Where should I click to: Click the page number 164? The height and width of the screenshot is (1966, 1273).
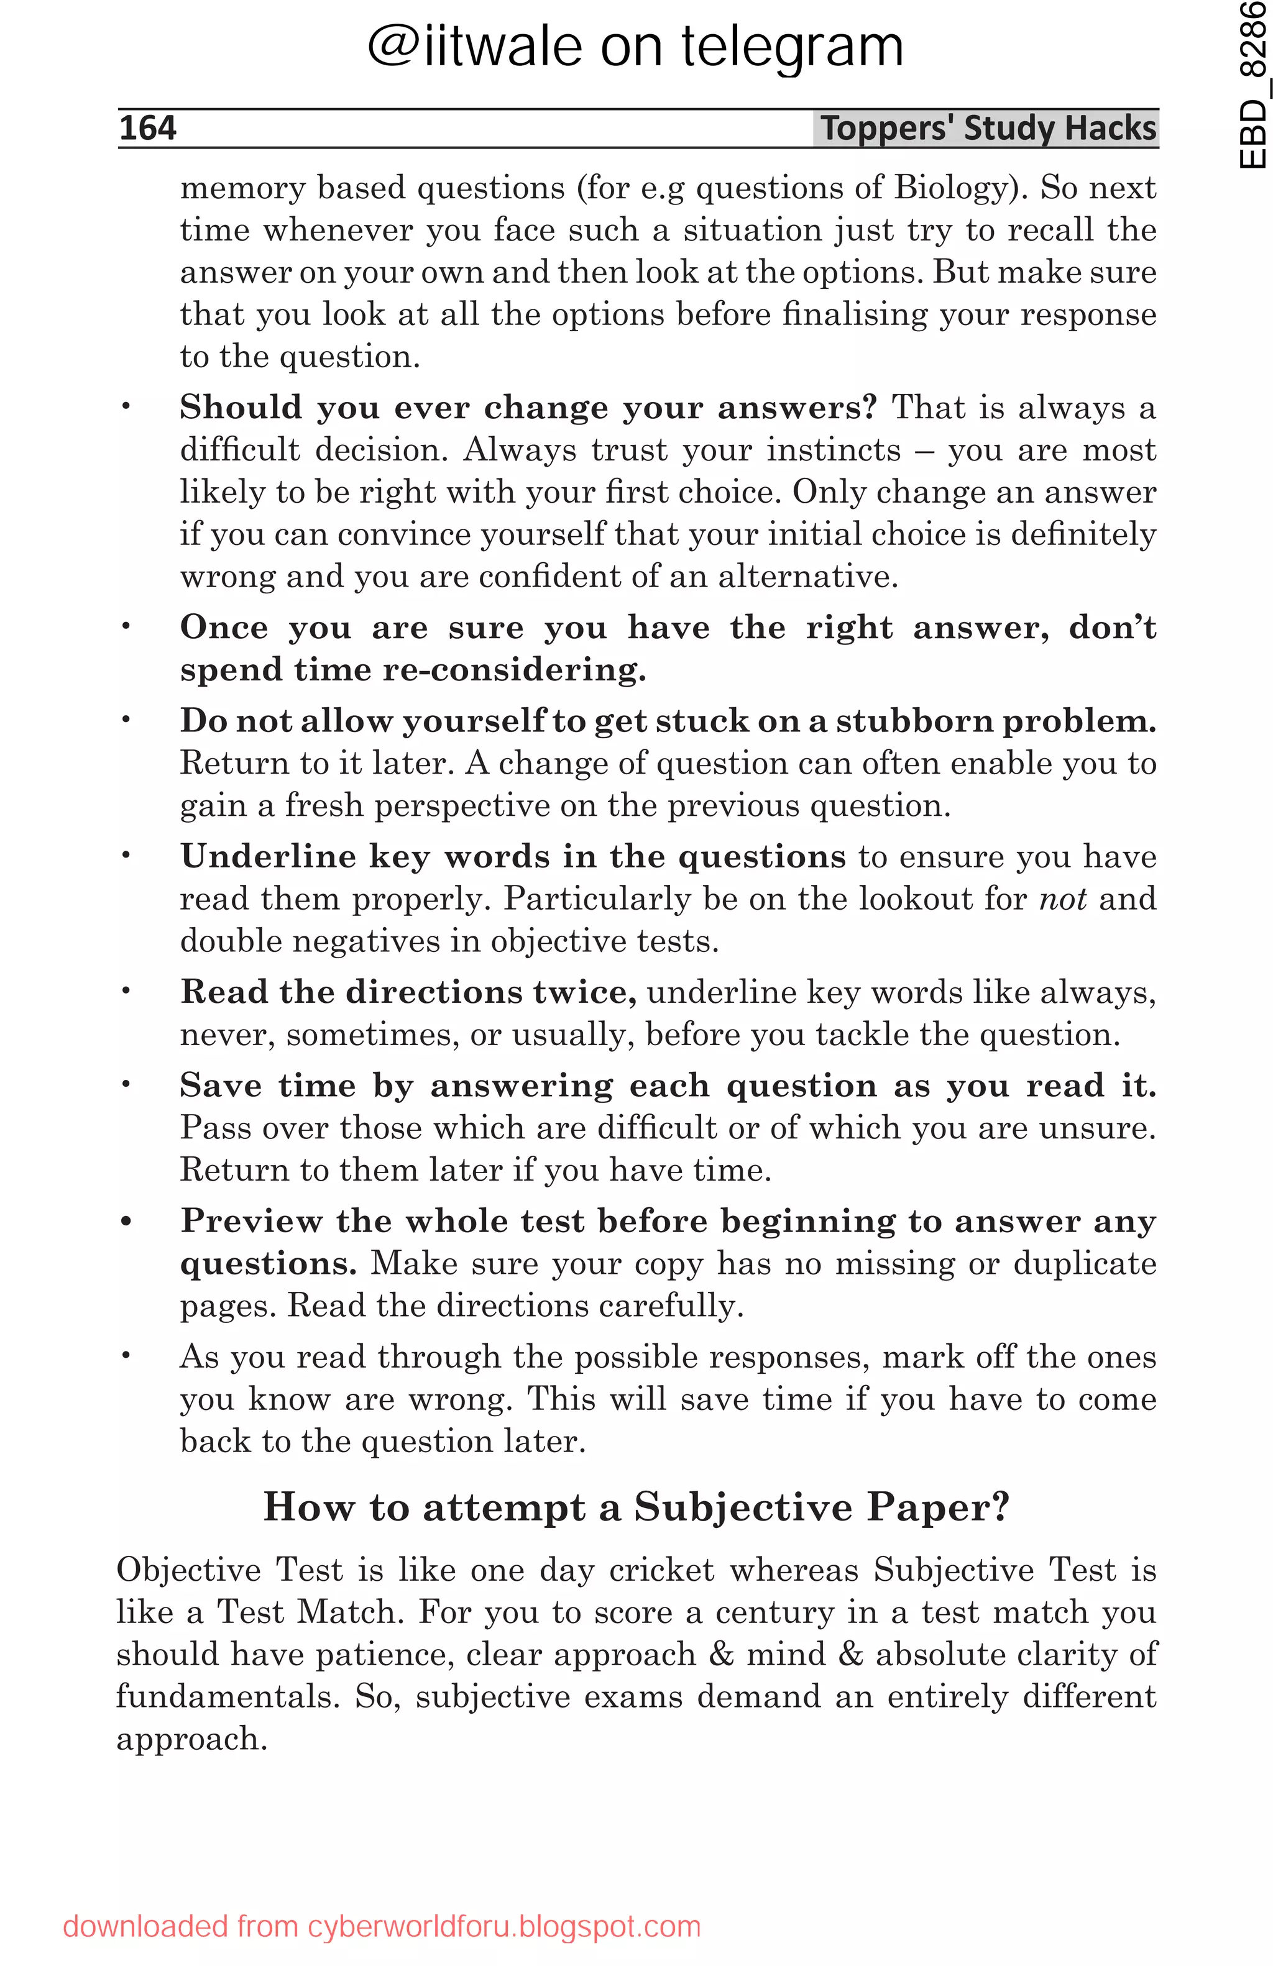(148, 129)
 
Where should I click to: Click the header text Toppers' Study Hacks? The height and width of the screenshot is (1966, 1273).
(987, 129)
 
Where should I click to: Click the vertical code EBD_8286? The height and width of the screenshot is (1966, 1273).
(1252, 85)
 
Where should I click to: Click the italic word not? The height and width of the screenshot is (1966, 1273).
(1062, 898)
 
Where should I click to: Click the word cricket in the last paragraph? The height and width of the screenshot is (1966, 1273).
(661, 1570)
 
